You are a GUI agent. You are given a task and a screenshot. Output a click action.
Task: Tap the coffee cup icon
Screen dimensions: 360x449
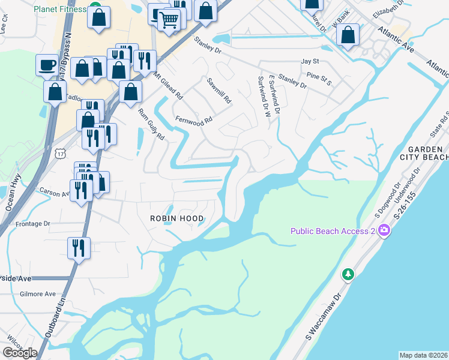point(47,64)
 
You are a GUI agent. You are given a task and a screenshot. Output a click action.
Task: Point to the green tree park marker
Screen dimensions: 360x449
point(348,274)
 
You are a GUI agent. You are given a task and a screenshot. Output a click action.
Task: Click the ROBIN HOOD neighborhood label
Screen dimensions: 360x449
point(177,219)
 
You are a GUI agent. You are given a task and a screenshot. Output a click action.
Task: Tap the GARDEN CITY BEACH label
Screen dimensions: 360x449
point(427,153)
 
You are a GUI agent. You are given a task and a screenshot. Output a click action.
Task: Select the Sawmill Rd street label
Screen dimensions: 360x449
point(219,91)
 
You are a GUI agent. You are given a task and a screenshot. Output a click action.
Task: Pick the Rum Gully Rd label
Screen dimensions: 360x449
point(151,124)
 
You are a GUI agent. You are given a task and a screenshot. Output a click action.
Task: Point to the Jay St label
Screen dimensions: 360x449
point(309,61)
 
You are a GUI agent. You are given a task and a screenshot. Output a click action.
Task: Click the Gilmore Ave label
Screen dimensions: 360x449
point(37,294)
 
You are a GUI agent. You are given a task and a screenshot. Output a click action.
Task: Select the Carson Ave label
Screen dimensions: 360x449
point(55,194)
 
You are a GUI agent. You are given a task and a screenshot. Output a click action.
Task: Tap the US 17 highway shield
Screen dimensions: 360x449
point(59,154)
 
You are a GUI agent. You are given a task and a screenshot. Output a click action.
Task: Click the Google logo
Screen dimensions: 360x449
point(20,353)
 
